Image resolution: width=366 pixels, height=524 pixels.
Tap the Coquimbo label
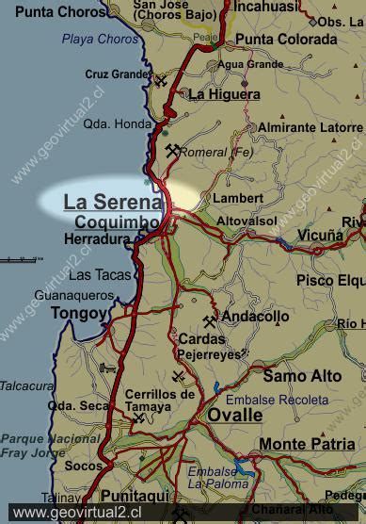[118, 222]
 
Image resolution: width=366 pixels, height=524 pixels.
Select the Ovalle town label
[235, 415]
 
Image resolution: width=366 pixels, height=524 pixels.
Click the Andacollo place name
[255, 317]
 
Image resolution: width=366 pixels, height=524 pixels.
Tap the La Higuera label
[224, 94]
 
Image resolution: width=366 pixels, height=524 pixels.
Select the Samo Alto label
[302, 376]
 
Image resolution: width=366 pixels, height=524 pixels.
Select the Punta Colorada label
[286, 40]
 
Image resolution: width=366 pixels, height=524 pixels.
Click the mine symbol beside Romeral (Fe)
[172, 149]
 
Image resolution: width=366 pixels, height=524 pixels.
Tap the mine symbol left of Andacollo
[209, 321]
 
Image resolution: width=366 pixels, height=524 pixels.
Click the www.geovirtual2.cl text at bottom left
[75, 513]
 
